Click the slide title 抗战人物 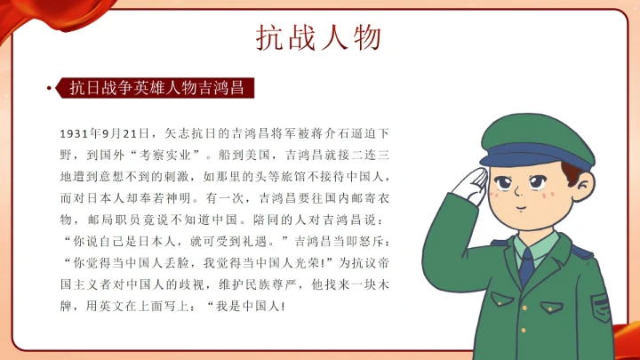(x=319, y=37)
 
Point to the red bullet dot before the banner (x=48, y=88)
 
